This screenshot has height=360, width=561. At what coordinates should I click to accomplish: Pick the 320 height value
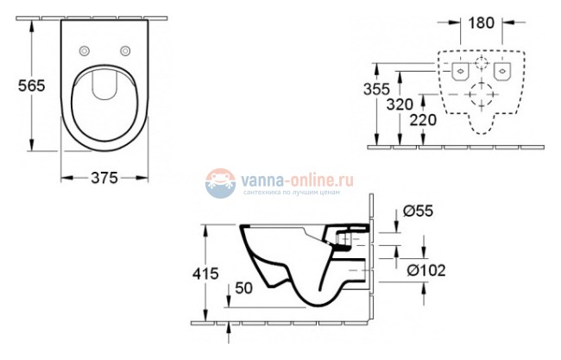pos(398,104)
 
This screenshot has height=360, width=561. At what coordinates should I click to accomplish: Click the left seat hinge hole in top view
pos(85,50)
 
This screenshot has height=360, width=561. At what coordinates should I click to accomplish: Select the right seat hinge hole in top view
pos(126,50)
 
